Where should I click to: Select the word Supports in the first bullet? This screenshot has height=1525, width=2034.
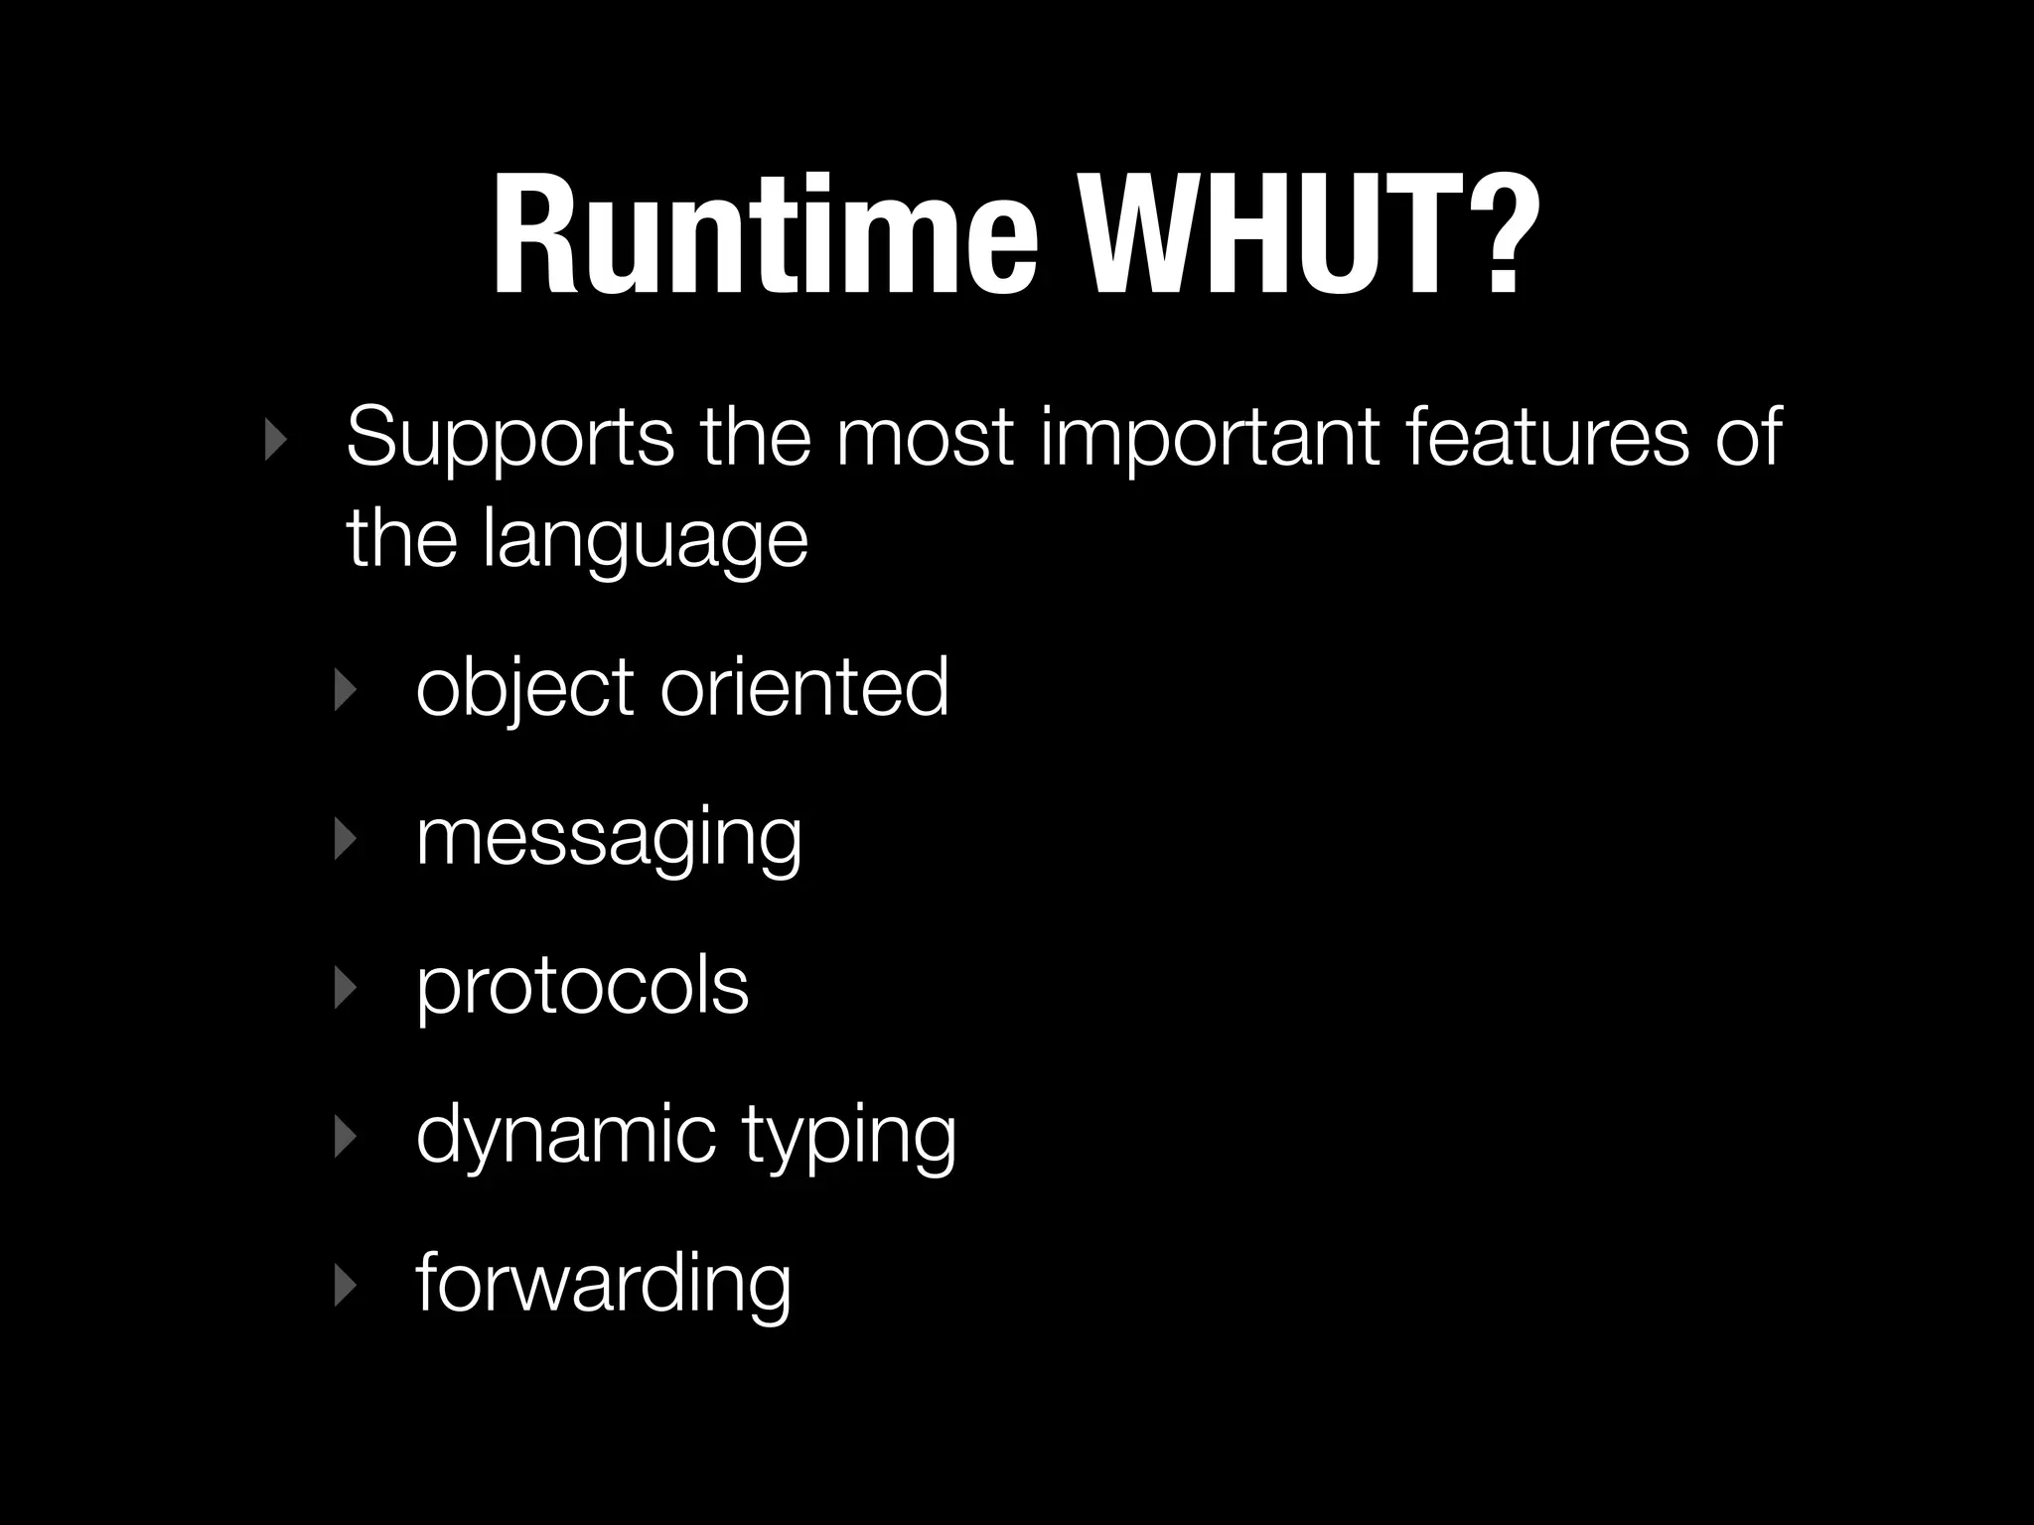point(509,439)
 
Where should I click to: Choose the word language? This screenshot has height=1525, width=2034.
point(646,541)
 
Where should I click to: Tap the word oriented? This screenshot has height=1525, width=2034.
point(804,686)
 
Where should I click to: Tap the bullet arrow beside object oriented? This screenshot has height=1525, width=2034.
point(344,688)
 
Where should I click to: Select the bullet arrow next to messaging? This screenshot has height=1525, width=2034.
point(344,838)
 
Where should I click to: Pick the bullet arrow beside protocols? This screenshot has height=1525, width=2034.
point(344,987)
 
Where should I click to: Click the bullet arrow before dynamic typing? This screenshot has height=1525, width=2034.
point(344,1136)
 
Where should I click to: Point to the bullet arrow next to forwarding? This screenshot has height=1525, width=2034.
point(344,1285)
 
